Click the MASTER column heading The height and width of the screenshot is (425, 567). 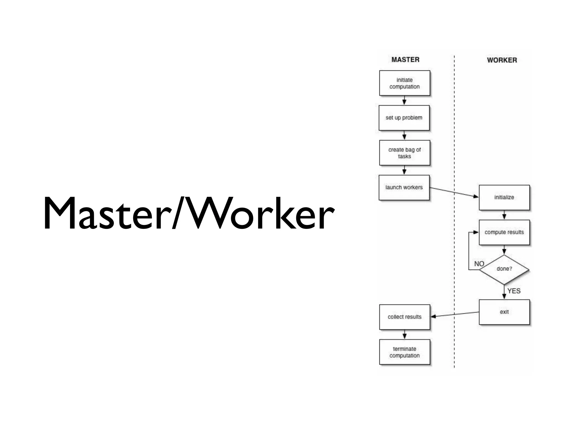[405, 59]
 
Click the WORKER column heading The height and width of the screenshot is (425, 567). [502, 60]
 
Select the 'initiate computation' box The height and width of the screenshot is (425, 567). [404, 83]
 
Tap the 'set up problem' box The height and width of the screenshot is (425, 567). [404, 118]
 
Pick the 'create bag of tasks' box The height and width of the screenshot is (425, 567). [404, 153]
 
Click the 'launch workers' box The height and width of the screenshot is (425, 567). [404, 187]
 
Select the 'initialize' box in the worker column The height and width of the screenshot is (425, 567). [504, 197]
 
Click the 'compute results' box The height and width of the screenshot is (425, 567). [504, 232]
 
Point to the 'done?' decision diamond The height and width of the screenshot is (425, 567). [504, 269]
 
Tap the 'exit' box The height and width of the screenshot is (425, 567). [504, 312]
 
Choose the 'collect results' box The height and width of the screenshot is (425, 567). [404, 317]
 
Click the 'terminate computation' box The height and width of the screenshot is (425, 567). [404, 352]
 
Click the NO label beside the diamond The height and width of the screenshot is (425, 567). [479, 264]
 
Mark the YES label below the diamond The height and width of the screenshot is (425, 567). [514, 291]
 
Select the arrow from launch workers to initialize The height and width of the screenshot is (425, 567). [454, 192]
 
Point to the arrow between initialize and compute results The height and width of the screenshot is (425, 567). [504, 215]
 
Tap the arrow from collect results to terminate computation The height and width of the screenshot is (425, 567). [404, 334]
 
